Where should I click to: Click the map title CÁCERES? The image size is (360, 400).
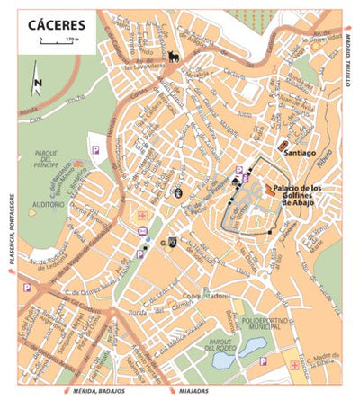55,24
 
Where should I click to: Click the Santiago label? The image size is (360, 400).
300,153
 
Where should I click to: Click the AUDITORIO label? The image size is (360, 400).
48,204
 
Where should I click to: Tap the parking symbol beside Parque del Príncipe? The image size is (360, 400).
94,138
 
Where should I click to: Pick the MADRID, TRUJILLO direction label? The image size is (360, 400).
347,58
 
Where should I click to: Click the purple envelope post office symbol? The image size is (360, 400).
142,230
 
